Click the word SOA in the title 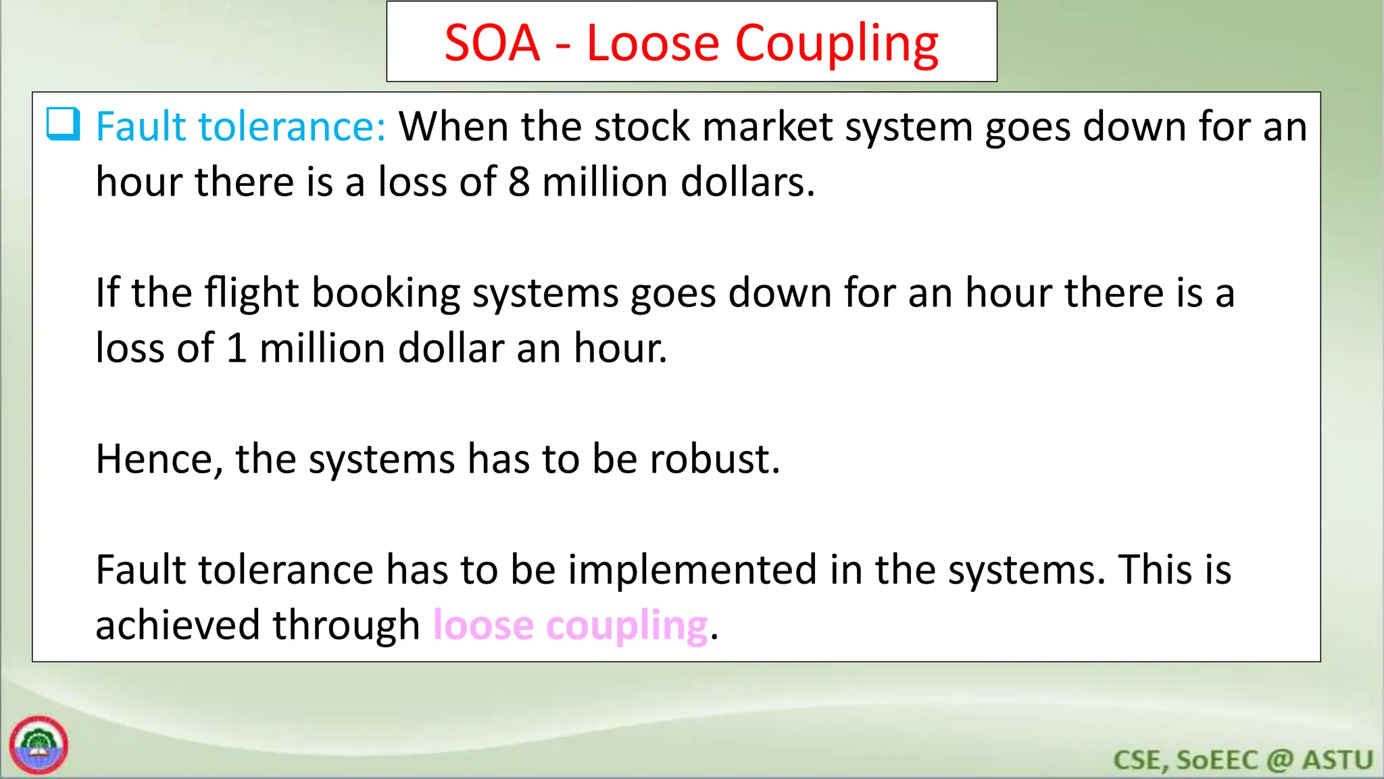[x=492, y=43]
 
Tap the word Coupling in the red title [x=837, y=45]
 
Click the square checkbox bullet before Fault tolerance [x=64, y=124]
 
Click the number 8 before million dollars [x=519, y=183]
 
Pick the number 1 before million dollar [x=237, y=349]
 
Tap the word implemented [x=692, y=569]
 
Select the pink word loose [x=483, y=625]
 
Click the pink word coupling [x=627, y=626]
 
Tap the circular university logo [x=39, y=745]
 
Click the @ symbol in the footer [x=1280, y=760]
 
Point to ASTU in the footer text [x=1338, y=760]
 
